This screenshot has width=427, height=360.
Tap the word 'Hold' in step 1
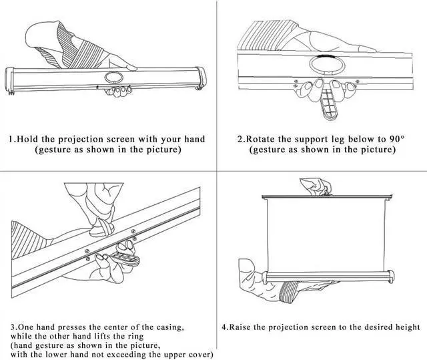pos(29,139)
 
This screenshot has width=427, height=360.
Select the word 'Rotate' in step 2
pos(261,139)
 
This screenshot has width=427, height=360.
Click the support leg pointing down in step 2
pos(326,105)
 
